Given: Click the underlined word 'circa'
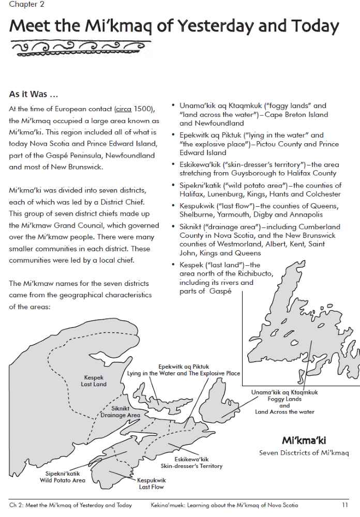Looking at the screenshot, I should [x=123, y=109].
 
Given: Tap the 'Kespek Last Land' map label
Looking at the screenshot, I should [x=94, y=381].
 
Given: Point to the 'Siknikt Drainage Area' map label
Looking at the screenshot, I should [x=120, y=412].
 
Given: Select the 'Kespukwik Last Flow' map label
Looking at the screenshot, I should [x=151, y=483].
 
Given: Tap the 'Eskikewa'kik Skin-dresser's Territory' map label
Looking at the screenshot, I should [x=191, y=462].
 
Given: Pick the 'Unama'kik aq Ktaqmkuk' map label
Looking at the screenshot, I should [x=284, y=392].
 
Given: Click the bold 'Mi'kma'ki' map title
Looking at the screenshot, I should [x=304, y=441].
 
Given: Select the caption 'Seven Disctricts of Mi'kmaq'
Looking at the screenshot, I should [x=304, y=453].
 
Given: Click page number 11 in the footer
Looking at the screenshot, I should [x=344, y=505].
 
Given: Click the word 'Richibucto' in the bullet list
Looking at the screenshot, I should [x=253, y=273].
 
